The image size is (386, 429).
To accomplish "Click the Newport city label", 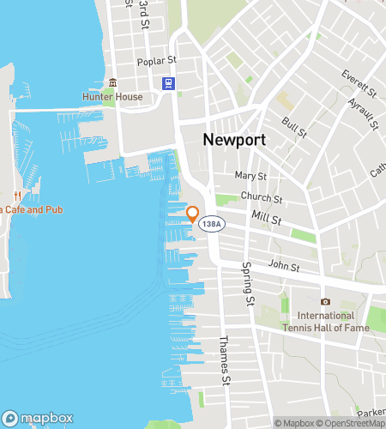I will pos(232,139).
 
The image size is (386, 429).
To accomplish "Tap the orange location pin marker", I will pos(192,214).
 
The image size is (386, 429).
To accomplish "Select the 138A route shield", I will pos(212,223).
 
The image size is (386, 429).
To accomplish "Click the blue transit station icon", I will pos(167,83).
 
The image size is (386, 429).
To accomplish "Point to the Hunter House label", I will pos(111,98).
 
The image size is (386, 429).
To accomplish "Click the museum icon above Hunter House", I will pos(111,83).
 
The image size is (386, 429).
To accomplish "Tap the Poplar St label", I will pos(156,62).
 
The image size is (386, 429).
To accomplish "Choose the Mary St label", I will pos(250,176).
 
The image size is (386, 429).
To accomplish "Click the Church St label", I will pos(257,196).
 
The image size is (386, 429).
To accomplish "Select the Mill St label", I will pos(267,220).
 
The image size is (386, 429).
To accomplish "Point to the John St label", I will pos(283,267).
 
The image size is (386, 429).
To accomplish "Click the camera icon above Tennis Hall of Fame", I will pos(325,301).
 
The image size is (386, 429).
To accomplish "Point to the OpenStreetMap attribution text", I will pos(352,423).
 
